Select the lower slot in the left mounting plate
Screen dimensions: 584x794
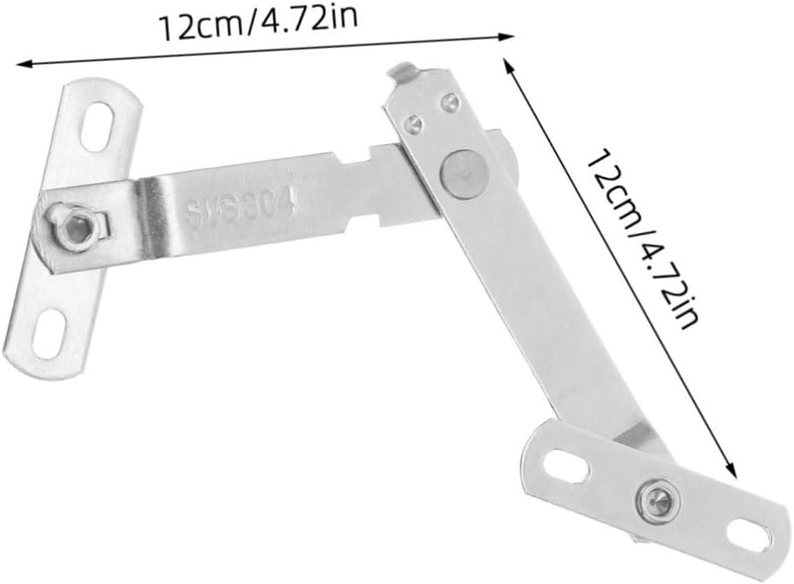(50, 334)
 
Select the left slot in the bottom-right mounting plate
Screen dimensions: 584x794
(566, 465)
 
